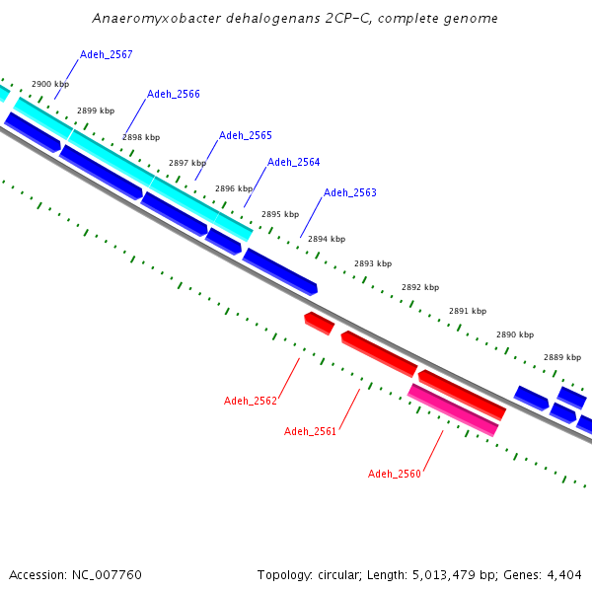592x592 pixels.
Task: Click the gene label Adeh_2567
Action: pyautogui.click(x=106, y=54)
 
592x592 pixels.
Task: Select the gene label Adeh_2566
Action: pyautogui.click(x=173, y=95)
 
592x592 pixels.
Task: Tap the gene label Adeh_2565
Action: pyautogui.click(x=245, y=135)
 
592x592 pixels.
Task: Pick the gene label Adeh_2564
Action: pyautogui.click(x=293, y=162)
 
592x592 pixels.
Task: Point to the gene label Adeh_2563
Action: pyautogui.click(x=349, y=192)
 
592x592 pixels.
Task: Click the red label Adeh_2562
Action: pyautogui.click(x=251, y=401)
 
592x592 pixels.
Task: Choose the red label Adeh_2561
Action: pyautogui.click(x=310, y=431)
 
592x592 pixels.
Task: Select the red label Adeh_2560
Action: pyautogui.click(x=395, y=474)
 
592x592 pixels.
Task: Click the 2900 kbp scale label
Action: pyautogui.click(x=50, y=85)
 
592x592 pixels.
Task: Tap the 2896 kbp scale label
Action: pyautogui.click(x=234, y=188)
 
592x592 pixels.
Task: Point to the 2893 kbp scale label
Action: pyautogui.click(x=373, y=263)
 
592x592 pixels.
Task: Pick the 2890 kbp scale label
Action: pyautogui.click(x=514, y=334)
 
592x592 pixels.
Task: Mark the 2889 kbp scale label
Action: pyautogui.click(x=561, y=357)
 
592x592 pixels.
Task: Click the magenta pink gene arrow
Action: pyautogui.click(x=453, y=410)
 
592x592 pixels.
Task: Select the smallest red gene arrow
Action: pyautogui.click(x=319, y=323)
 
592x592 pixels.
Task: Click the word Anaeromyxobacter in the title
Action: pyautogui.click(x=148, y=19)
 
